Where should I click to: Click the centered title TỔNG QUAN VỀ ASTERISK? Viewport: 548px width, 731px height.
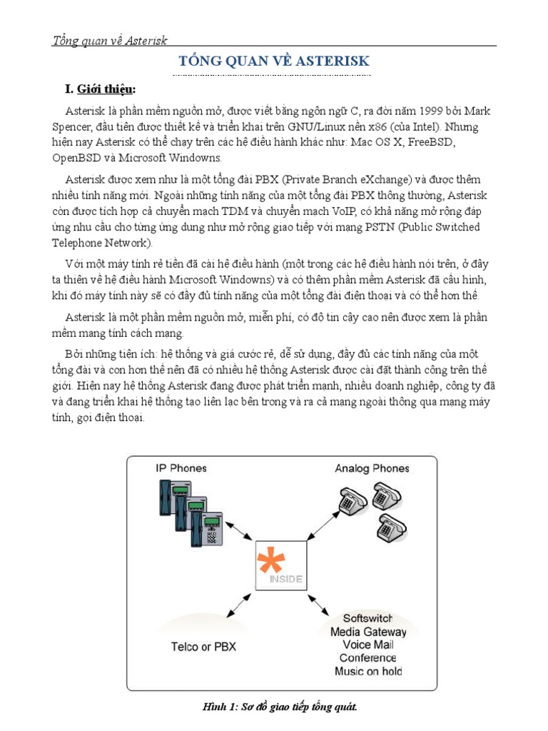[274, 61]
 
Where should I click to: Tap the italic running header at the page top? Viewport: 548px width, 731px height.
[110, 41]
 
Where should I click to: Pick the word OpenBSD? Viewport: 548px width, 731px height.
[79, 158]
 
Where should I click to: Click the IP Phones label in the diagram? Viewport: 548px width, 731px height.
[181, 468]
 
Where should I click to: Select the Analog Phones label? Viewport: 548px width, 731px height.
[372, 468]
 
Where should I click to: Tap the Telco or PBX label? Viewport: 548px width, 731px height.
[203, 647]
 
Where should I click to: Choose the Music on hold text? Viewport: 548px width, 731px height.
[367, 671]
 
